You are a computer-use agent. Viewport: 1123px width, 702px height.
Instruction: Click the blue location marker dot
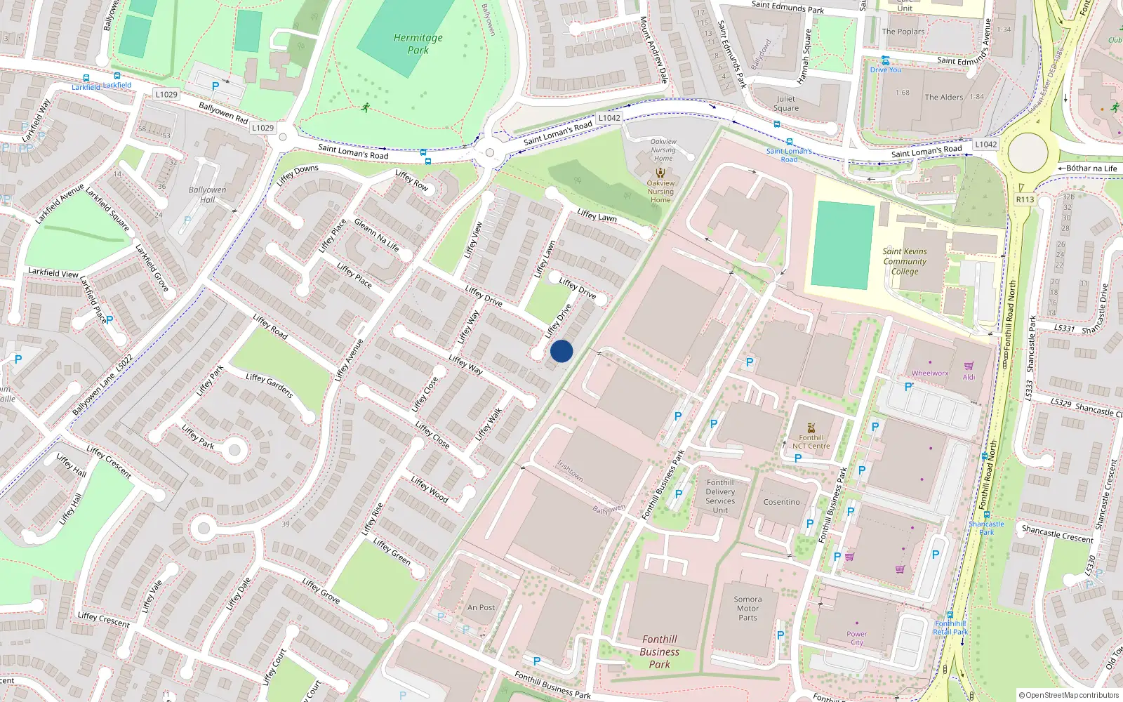click(x=561, y=351)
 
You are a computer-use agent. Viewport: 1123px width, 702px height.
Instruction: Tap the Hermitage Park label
click(x=418, y=44)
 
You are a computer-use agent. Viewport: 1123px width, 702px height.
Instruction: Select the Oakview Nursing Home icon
click(x=660, y=173)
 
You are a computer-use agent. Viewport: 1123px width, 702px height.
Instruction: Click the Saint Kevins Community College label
click(x=905, y=261)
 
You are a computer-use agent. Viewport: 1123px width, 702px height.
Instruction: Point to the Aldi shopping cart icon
click(x=969, y=366)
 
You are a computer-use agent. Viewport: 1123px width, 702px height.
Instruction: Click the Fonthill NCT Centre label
click(x=811, y=442)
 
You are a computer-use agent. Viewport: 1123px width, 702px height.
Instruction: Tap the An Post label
click(x=481, y=607)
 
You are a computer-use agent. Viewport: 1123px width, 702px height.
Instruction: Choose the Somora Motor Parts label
click(x=747, y=609)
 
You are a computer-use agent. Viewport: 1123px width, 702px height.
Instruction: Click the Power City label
click(x=857, y=638)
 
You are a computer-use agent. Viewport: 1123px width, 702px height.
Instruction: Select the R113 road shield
click(x=1025, y=199)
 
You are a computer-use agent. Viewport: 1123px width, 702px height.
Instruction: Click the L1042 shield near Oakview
click(x=609, y=118)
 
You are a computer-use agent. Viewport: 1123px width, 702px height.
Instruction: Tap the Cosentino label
click(x=781, y=502)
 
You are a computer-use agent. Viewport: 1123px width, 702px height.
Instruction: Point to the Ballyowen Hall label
click(x=207, y=194)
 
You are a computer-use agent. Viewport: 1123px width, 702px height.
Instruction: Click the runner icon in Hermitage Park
click(x=365, y=107)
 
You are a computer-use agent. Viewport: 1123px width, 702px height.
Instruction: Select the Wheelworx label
click(x=930, y=373)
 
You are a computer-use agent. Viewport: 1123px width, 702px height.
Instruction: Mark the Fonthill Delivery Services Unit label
click(x=720, y=496)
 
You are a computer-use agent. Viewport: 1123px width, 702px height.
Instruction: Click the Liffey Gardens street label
click(x=270, y=385)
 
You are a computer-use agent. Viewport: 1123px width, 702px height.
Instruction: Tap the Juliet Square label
click(x=786, y=103)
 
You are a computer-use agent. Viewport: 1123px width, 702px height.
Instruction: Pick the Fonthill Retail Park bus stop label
click(x=950, y=628)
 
